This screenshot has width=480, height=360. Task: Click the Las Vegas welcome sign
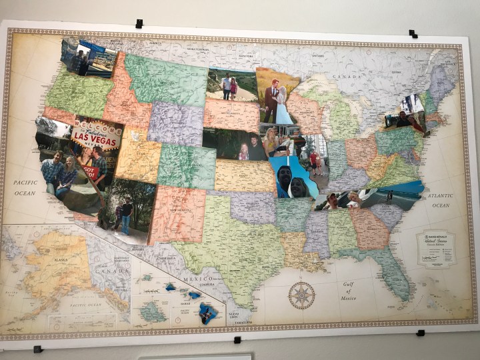coord(96,136)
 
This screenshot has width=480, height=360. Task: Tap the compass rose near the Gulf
coord(301,295)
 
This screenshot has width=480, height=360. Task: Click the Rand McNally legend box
coord(436,248)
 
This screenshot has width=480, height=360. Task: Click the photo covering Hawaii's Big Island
coord(208,313)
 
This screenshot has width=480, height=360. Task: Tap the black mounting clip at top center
coord(139,23)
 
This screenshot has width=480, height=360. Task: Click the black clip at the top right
coord(413,33)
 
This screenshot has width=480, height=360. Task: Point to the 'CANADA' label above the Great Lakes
coord(347,77)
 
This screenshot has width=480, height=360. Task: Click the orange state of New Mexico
coord(176,215)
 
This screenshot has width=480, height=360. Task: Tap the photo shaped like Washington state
coord(89,57)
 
